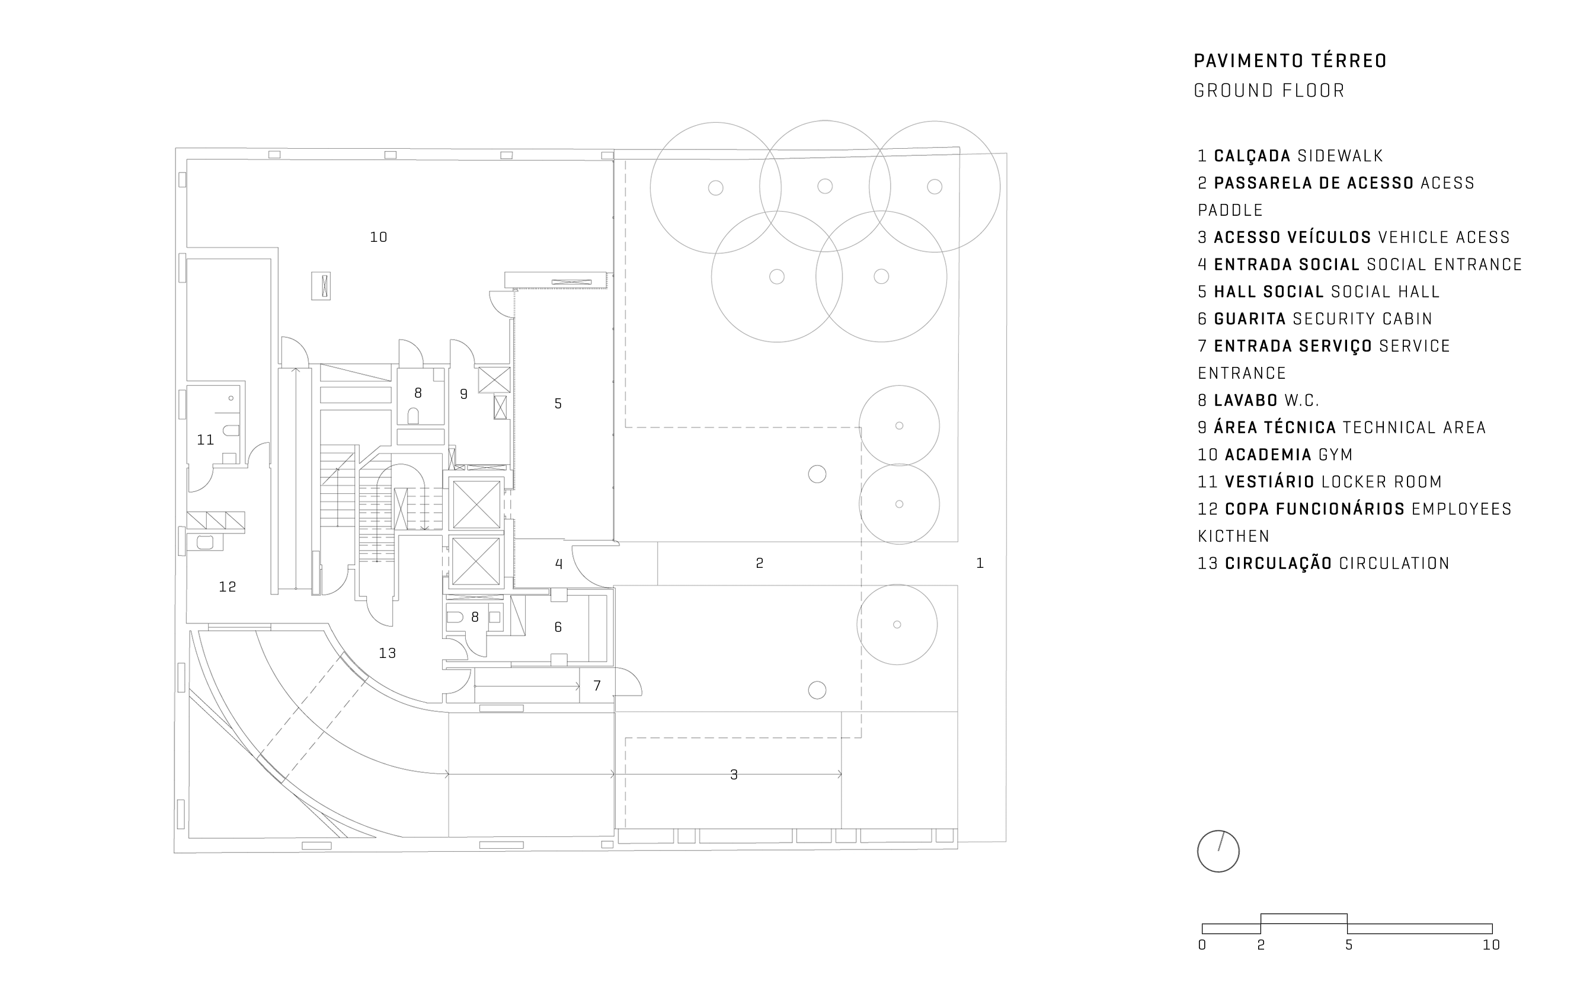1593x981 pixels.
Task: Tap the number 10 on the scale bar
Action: point(1491,945)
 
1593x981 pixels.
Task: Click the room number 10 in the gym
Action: point(378,238)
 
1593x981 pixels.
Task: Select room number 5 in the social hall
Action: point(558,404)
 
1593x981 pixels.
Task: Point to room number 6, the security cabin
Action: point(558,627)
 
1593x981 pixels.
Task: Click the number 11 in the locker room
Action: point(206,440)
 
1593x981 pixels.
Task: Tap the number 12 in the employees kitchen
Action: point(227,586)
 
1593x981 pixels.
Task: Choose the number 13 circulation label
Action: point(387,653)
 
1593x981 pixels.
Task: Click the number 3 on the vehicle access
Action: point(734,775)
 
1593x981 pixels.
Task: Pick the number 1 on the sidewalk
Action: point(980,563)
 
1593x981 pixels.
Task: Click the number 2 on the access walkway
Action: point(760,563)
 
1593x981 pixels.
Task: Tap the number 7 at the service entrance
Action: point(597,685)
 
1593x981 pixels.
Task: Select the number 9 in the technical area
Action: point(463,394)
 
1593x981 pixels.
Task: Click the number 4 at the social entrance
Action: point(559,564)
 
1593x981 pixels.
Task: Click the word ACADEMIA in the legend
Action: point(1262,455)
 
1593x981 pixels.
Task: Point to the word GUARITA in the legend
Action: point(1250,319)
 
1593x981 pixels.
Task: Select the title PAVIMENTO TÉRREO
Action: point(1290,61)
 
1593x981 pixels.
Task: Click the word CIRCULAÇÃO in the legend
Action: point(1278,563)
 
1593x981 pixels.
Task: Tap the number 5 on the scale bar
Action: point(1348,945)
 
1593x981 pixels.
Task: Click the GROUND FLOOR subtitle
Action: point(1269,91)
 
